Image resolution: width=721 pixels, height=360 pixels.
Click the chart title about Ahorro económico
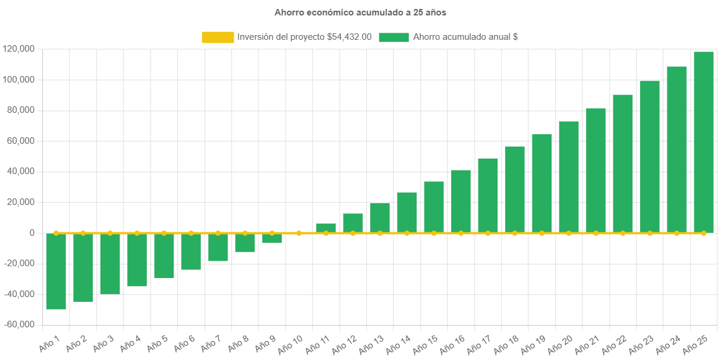click(x=360, y=12)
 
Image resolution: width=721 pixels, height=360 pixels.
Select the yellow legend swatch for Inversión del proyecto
click(x=218, y=37)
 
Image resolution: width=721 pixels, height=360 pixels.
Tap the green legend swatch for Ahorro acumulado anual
click(x=393, y=37)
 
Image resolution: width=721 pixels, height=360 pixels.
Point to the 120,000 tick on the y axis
click(x=18, y=49)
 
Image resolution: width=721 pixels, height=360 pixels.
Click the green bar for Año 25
click(x=704, y=143)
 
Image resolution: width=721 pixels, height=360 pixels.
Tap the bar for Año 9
click(x=272, y=238)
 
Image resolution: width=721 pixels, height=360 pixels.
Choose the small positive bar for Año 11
click(x=326, y=228)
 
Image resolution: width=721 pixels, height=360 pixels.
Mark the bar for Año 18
click(x=515, y=190)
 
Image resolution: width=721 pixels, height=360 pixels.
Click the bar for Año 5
click(x=164, y=256)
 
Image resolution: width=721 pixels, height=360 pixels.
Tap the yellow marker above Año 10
click(x=299, y=233)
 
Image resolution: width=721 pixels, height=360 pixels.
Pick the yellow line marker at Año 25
click(x=704, y=233)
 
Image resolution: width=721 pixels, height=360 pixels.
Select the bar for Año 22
click(x=622, y=163)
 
